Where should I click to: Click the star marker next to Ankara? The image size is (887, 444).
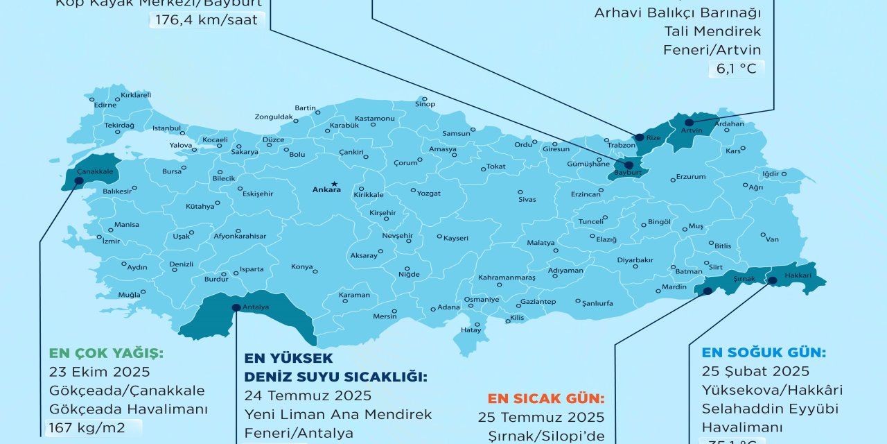pos(334,183)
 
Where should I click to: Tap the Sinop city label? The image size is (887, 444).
pos(425,105)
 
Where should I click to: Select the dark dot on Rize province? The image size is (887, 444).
pos(639,137)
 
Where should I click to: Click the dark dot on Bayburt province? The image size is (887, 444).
pos(628,165)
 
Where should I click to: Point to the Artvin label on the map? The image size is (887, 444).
pos(692,130)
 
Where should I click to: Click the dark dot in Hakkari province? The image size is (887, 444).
pos(772,280)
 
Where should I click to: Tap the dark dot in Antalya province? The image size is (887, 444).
pos(236,307)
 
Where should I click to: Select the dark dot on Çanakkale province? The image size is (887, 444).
pos(78,181)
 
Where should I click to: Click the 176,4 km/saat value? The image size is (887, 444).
pos(206,19)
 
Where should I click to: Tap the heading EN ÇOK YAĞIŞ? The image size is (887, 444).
pos(106,353)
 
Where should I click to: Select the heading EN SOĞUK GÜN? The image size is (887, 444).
pos(764,352)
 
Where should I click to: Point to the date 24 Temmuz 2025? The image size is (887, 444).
pos(308,395)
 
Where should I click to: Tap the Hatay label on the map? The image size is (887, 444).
pos(471,330)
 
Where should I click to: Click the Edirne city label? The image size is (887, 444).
pos(105,105)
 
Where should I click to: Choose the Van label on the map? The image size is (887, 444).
pos(772,239)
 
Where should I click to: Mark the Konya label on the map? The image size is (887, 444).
pos(302,266)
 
